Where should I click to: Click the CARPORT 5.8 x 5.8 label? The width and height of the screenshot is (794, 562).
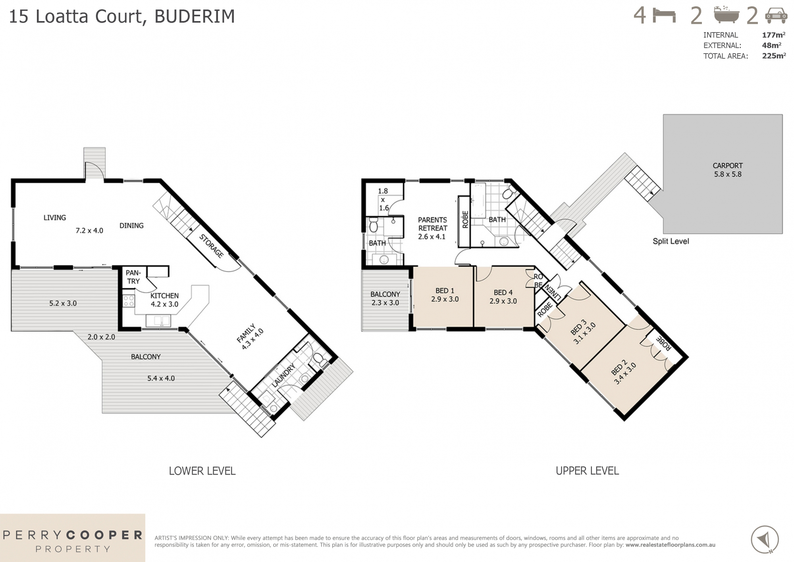point(727,170)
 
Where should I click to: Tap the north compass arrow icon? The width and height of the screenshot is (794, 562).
point(765,539)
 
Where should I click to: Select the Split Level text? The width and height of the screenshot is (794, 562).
point(671,241)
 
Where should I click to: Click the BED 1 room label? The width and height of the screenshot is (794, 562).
point(445,295)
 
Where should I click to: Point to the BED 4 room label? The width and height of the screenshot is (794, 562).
point(503,297)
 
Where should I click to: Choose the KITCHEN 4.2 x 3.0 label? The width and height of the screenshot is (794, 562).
point(164,300)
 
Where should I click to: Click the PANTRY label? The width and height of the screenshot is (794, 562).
point(133,277)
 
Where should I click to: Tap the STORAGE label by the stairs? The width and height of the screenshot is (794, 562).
point(211,246)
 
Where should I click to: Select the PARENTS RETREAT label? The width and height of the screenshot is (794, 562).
point(432,228)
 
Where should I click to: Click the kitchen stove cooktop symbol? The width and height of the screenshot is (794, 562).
point(129,301)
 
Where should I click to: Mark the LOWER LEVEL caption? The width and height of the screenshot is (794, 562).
point(202,471)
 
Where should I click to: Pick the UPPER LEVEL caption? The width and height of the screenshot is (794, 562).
point(587,471)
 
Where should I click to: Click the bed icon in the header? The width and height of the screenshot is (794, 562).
point(664,16)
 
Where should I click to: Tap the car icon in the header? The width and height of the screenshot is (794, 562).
point(776,16)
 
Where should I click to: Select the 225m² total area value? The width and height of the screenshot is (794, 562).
point(773,56)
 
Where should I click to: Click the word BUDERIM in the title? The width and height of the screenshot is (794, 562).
point(195,17)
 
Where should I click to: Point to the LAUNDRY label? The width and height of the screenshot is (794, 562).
point(283,375)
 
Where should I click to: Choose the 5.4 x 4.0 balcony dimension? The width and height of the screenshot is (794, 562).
point(161,378)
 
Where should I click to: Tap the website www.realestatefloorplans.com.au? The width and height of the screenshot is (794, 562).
point(670,545)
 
